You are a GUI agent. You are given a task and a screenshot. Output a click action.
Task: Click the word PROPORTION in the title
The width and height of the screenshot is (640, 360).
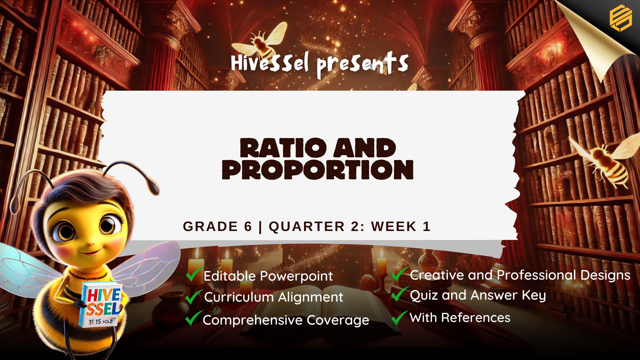(x=318, y=169)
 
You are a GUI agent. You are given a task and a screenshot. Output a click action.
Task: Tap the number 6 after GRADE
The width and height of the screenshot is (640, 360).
(x=248, y=226)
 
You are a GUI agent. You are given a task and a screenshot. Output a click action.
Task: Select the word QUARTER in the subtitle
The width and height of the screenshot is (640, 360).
(x=307, y=226)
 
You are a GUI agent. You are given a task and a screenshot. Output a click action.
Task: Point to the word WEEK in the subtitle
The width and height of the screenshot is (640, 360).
(x=394, y=226)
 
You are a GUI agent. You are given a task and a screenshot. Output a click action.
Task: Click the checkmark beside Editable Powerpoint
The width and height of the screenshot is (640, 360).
(x=194, y=274)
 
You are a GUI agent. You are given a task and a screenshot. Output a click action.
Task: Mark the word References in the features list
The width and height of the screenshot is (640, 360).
(x=476, y=318)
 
